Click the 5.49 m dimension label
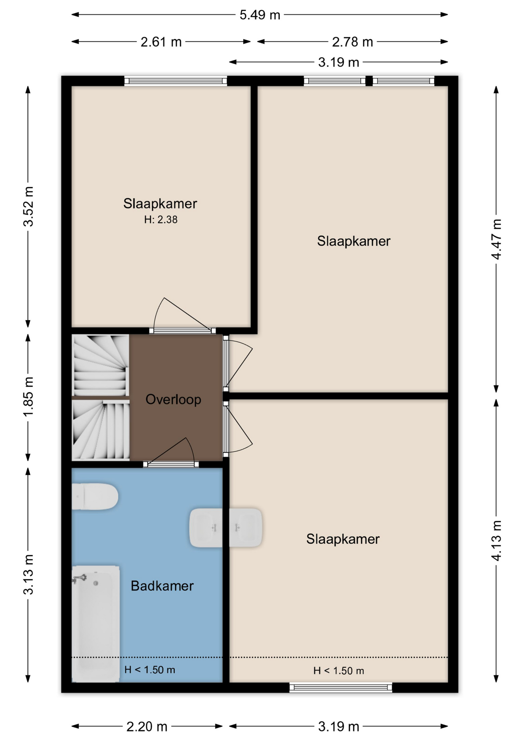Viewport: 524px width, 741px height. (x=260, y=15)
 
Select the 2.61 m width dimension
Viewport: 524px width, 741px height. (x=161, y=42)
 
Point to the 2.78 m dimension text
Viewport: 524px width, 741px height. (x=352, y=42)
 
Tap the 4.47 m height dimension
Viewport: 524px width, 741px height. (x=496, y=239)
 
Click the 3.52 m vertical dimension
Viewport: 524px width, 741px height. (x=28, y=206)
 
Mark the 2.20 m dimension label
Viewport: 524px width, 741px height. (x=147, y=727)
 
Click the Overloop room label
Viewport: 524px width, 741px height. (x=173, y=399)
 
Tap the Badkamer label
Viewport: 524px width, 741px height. (x=162, y=586)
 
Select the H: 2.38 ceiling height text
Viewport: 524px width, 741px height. (x=161, y=220)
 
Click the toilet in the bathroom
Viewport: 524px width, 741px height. (x=95, y=496)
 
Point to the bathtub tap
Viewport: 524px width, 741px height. (x=79, y=578)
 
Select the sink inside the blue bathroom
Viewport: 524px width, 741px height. (x=206, y=528)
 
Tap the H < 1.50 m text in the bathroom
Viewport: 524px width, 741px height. (x=150, y=670)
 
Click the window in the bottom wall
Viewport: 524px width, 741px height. (x=341, y=687)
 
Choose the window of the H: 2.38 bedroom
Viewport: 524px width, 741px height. (x=176, y=81)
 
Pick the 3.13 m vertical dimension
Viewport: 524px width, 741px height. (x=28, y=574)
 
